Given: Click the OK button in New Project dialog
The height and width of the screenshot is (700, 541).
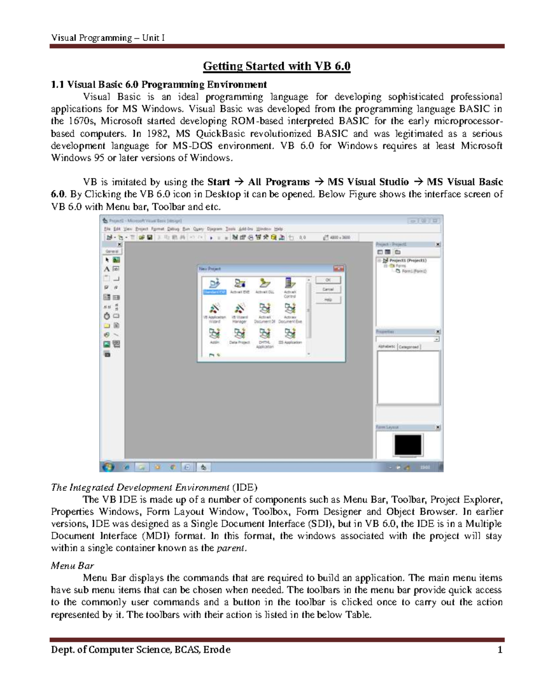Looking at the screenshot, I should tap(328, 280).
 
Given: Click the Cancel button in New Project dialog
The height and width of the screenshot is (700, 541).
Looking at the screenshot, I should tap(328, 289).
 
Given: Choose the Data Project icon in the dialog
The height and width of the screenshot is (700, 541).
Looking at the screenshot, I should tap(239, 336).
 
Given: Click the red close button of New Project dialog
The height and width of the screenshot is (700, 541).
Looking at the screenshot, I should tap(338, 269).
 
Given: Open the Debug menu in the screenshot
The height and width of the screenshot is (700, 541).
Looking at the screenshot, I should tap(173, 229).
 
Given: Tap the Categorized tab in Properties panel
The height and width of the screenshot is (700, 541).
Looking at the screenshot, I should tap(409, 347).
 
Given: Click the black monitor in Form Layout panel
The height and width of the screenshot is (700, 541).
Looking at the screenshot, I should tap(408, 445).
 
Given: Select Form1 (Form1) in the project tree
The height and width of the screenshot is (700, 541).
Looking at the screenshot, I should tap(414, 271).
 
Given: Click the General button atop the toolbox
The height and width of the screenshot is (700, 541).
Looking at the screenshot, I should tap(112, 251).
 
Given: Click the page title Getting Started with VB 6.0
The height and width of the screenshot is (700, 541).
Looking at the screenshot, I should tap(276, 66).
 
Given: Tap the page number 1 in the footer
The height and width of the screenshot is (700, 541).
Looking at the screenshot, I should tap(500, 650).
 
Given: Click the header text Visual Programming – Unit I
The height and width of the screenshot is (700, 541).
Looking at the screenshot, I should tap(107, 38).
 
